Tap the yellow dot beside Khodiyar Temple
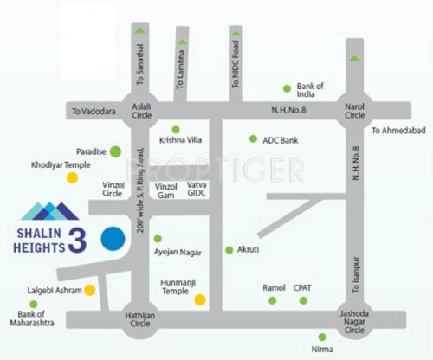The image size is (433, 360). [73, 177]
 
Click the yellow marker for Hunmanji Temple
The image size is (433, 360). [200, 300]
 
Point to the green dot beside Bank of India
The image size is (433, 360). [287, 88]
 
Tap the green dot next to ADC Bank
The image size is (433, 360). [253, 138]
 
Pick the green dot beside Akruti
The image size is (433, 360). [229, 249]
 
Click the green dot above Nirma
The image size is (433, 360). [322, 337]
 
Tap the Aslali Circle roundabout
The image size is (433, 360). [141, 111]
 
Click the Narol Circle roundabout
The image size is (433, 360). [353, 111]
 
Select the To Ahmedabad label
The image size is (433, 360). [394, 131]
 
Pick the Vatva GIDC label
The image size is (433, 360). [198, 190]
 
